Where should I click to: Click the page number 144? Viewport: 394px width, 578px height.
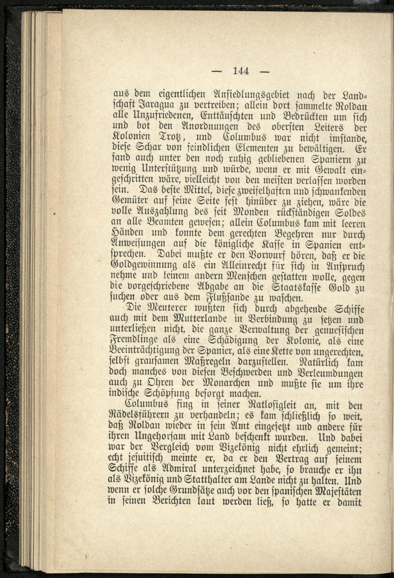click(241, 71)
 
